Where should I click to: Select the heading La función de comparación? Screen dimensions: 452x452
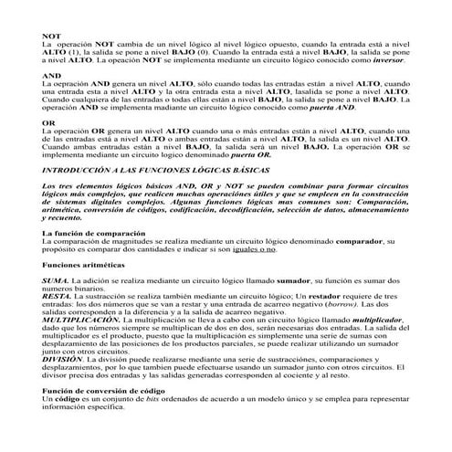(x=95, y=234)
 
